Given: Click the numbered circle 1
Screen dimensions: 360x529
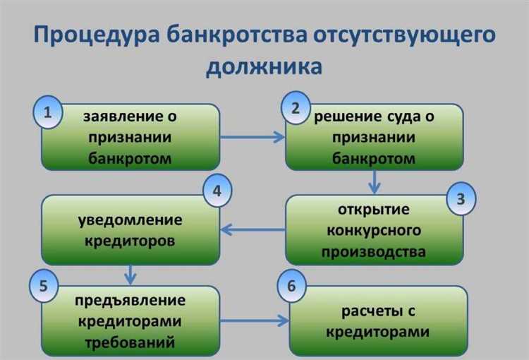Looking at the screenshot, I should (47, 114).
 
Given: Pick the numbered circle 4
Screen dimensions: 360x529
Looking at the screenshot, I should (217, 191).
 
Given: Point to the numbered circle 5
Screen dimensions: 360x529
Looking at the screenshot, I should (44, 287).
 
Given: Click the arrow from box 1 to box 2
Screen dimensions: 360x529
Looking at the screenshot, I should (251, 137).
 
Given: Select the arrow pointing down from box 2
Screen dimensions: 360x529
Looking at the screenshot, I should (375, 181).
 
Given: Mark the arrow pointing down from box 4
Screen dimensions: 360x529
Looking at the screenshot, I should (130, 272).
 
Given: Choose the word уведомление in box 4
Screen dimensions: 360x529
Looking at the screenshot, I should (130, 220).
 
